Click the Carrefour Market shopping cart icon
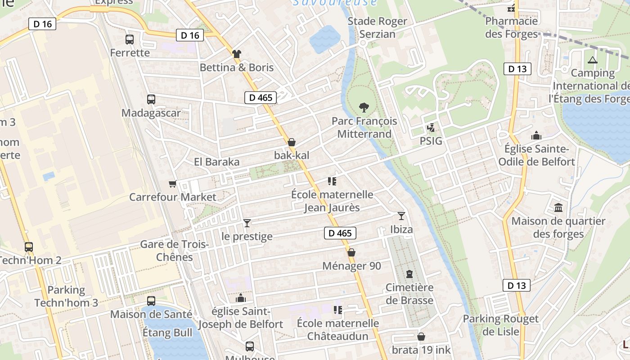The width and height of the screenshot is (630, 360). [172, 184]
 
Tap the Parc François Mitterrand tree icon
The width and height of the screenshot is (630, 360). [364, 107]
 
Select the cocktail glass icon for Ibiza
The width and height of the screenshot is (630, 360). [401, 216]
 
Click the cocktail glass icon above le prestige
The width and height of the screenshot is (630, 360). [247, 223]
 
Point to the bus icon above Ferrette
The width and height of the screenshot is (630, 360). [130, 40]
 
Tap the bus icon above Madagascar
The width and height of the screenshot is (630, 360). [151, 99]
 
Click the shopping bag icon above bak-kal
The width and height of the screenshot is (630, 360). [292, 142]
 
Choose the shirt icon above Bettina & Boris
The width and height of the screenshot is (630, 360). [237, 54]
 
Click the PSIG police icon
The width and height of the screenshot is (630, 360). [431, 128]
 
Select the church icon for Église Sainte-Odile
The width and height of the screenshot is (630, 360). [536, 135]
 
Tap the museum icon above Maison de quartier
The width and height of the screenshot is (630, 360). [558, 207]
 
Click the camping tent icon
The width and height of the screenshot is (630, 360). [592, 60]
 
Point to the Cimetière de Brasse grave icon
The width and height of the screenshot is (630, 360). [409, 274]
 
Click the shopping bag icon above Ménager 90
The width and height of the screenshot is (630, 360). [351, 252]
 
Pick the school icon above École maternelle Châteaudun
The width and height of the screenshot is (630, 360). [337, 310]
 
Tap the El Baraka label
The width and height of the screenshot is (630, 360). [216, 162]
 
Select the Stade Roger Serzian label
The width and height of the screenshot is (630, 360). [378, 27]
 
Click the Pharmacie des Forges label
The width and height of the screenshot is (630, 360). [511, 27]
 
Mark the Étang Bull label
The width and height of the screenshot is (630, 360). [167, 333]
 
